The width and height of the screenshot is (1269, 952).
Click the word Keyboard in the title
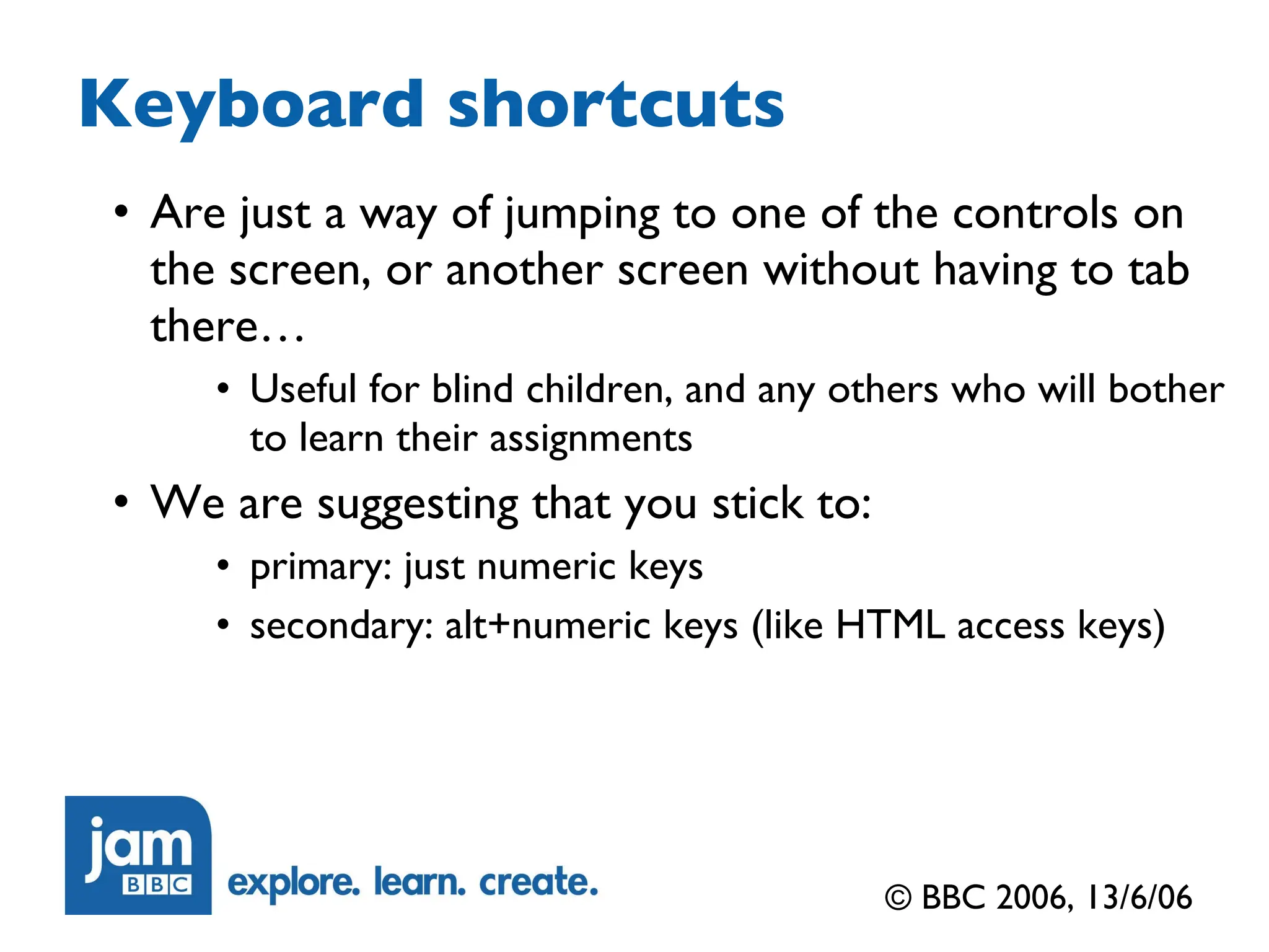[251, 105]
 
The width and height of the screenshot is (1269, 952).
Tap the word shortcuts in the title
[616, 105]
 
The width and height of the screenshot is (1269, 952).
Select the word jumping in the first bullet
[582, 214]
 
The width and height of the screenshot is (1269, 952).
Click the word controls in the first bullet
[1035, 214]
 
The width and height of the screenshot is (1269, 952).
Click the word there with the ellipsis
[227, 327]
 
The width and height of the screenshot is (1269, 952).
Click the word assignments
[591, 439]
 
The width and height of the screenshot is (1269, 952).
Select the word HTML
[890, 624]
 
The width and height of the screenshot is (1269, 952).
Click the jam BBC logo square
[138, 855]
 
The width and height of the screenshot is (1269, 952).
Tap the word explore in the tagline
[293, 883]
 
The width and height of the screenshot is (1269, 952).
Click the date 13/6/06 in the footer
[1139, 897]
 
